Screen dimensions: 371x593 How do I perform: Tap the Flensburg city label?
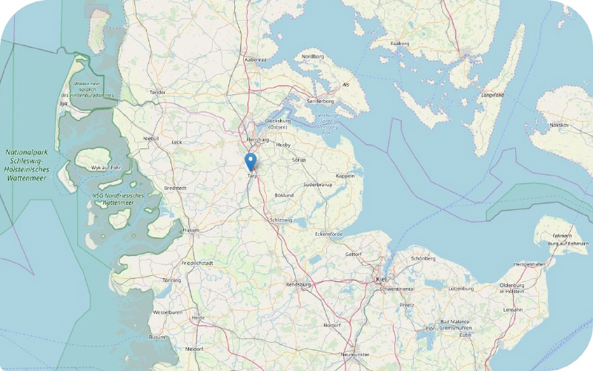pos(257,139)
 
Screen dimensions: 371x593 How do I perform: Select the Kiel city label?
pos(382,279)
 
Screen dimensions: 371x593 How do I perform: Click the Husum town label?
pos(191,230)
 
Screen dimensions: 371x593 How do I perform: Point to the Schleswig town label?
pos(281,220)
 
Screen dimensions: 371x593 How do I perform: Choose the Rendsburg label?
pos(298,284)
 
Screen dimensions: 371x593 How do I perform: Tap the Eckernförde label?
pos(331,234)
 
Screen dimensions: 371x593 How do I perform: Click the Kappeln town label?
pos(345,176)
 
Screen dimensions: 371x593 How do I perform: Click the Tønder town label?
pos(158,93)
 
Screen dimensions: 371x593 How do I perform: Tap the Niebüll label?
pos(151,138)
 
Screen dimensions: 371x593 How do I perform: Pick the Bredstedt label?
pos(175,188)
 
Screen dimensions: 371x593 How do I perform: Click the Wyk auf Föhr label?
pos(105,168)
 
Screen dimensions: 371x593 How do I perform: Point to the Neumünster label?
pos(354,355)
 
